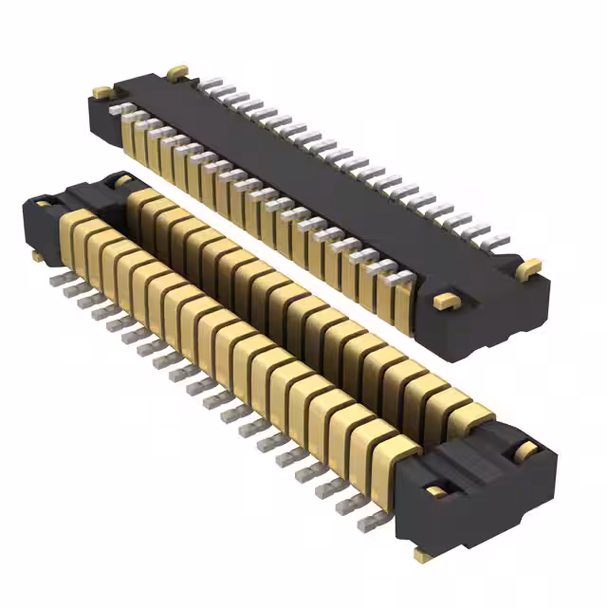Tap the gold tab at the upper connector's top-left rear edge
click(x=176, y=71)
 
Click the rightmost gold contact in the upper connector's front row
click(x=402, y=302)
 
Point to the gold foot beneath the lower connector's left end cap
click(x=37, y=255)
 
